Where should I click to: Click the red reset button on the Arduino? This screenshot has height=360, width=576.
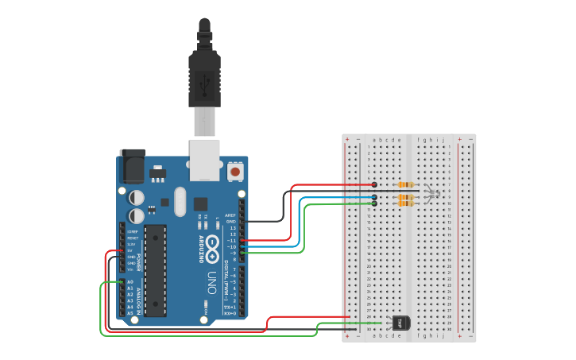pos(235,171)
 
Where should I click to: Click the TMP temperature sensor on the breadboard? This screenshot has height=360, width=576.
pos(401,323)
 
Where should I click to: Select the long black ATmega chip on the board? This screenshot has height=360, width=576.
pos(155,270)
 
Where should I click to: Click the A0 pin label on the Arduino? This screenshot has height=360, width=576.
pos(130,281)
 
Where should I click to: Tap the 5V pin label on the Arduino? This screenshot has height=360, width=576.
pos(130,250)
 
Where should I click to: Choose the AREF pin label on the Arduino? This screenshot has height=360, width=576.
pos(230,215)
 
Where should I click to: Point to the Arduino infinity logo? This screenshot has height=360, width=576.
pos(212,253)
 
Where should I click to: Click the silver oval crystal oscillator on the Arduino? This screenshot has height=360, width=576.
pos(180,201)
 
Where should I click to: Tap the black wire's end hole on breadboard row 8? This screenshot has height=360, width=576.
pos(374,191)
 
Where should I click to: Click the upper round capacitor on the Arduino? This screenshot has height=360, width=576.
pos(137,196)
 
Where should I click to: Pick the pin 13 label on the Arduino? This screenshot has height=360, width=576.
pos(233,227)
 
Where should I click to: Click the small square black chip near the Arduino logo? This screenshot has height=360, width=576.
pos(200,204)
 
